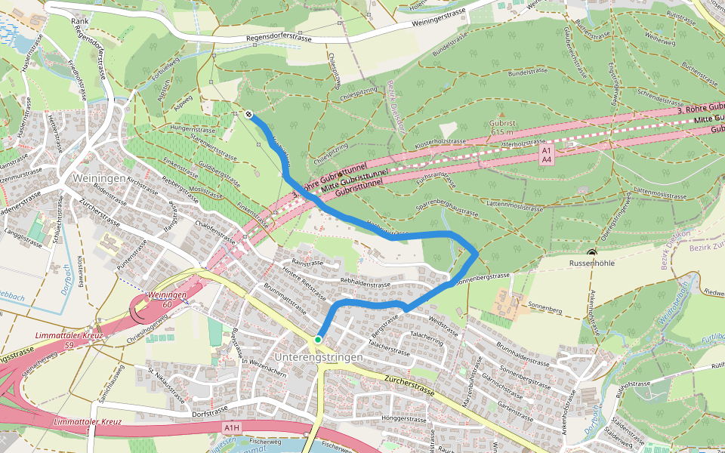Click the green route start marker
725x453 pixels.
coord(318,340)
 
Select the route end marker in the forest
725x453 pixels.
coord(248,115)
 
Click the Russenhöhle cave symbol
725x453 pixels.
coord(591,254)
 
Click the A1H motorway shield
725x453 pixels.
coord(232,427)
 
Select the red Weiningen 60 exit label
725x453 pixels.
coord(167,299)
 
